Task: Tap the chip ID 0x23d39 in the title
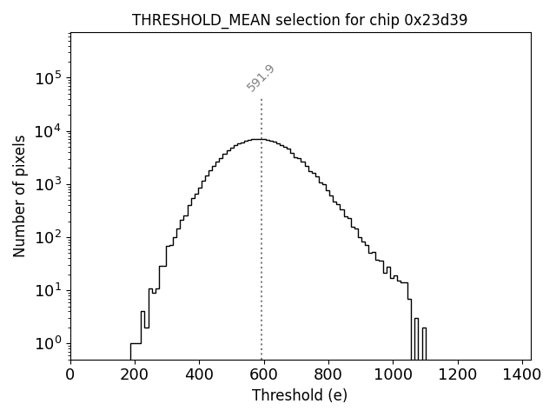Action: (437, 20)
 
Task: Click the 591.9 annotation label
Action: (261, 77)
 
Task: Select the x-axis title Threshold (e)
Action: (300, 395)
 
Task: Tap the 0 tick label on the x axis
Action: (70, 374)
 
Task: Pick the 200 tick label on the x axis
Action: (135, 374)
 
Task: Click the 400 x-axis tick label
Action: (199, 374)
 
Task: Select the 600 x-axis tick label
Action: (264, 374)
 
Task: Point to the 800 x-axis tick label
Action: (328, 374)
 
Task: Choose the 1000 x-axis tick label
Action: (393, 374)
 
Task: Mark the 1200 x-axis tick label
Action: (457, 374)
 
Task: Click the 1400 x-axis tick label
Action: (521, 374)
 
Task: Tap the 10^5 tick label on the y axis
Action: (49, 78)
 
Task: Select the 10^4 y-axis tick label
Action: (49, 131)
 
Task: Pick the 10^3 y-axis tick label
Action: (49, 184)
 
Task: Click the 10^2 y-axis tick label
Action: (49, 237)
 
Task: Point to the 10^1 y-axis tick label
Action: (49, 290)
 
